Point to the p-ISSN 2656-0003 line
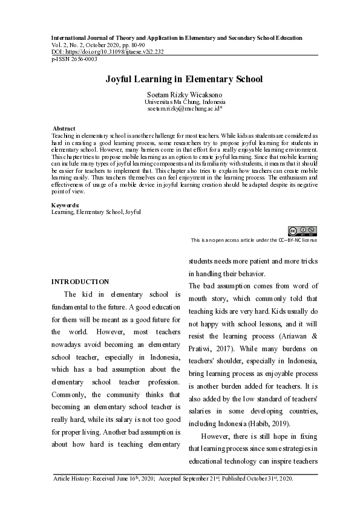(x=74, y=59)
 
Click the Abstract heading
(x=64, y=129)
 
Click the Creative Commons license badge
(x=302, y=230)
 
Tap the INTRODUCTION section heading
(x=80, y=282)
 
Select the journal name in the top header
(x=177, y=37)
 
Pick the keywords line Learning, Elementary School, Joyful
(x=96, y=212)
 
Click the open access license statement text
(x=254, y=240)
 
